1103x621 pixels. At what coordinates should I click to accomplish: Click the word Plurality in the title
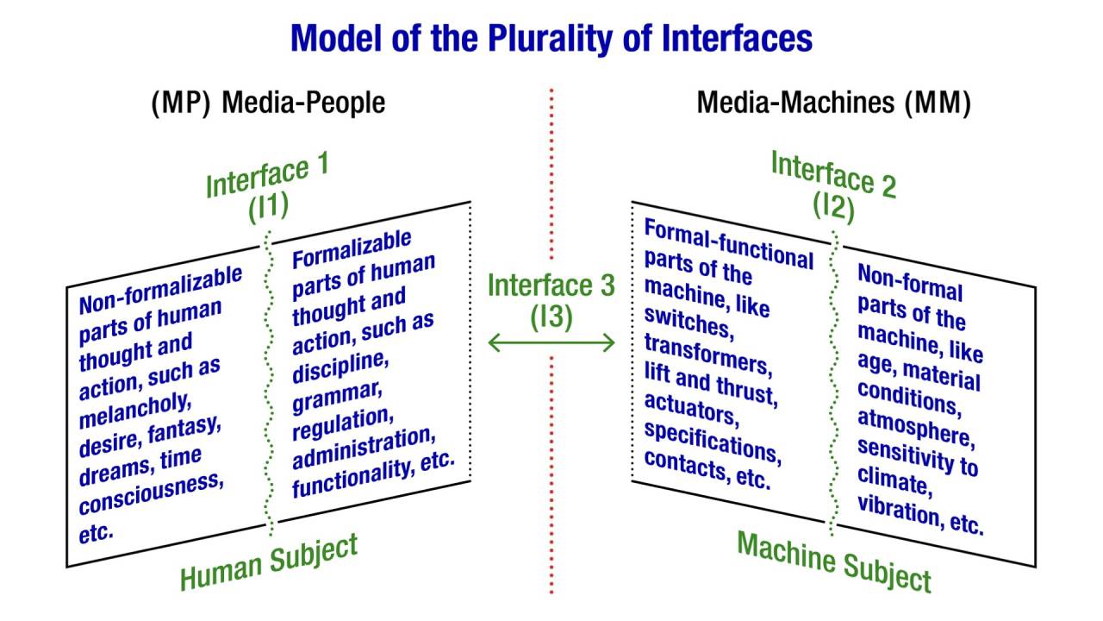(551, 40)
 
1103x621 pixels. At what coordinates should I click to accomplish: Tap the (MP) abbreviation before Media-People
(181, 103)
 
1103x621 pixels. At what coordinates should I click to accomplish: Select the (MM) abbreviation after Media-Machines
(938, 103)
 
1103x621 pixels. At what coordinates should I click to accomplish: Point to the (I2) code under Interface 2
(833, 205)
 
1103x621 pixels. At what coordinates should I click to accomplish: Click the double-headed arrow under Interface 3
(551, 342)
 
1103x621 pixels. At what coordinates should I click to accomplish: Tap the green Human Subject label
(269, 561)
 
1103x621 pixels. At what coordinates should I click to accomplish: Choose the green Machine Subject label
(833, 561)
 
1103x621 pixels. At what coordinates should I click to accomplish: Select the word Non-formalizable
(160, 290)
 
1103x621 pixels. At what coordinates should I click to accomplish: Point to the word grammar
(337, 398)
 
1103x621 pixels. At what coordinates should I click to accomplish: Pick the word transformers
(708, 354)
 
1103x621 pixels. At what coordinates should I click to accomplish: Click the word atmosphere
(916, 429)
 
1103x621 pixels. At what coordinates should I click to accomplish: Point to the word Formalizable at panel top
(352, 250)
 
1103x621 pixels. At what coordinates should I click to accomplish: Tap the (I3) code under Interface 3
(551, 317)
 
